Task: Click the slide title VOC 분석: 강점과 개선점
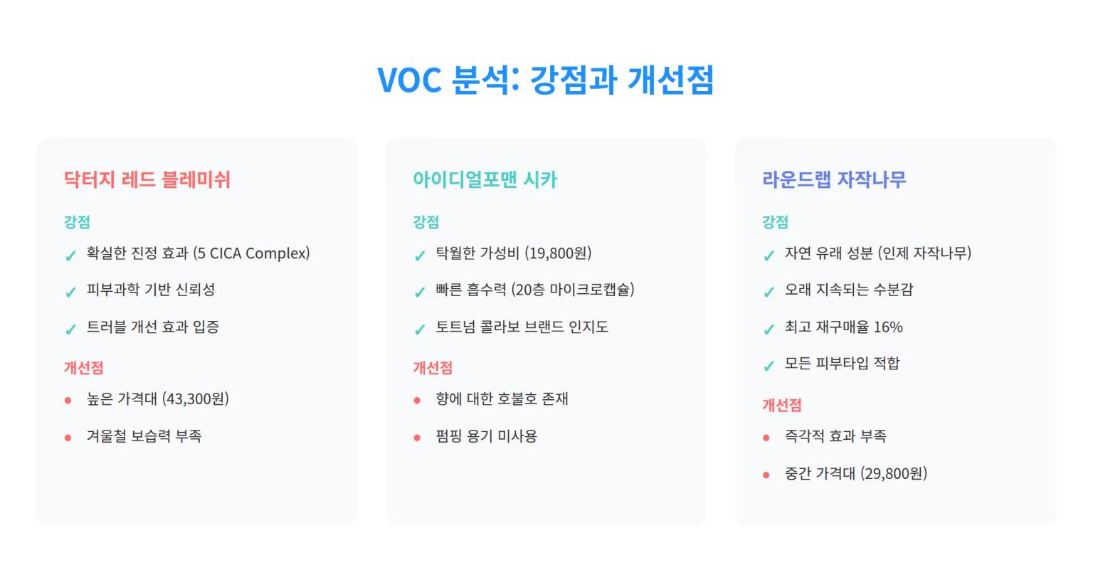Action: [x=545, y=79]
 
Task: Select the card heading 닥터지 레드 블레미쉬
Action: [x=147, y=179]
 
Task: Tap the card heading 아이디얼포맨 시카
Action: [x=485, y=179]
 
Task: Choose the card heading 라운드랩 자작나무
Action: [x=834, y=179]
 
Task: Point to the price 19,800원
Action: [x=558, y=253]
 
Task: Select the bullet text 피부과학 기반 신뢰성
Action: [x=151, y=290]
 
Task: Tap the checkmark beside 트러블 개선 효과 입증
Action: [x=70, y=329]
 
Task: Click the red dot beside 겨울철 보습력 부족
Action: [x=68, y=438]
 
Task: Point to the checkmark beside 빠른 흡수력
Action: [x=420, y=292]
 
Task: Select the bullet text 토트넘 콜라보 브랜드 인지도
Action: [x=522, y=327]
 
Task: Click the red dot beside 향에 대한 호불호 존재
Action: [x=418, y=401]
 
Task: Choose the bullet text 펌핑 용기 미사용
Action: [x=486, y=436]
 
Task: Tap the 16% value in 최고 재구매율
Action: [x=888, y=327]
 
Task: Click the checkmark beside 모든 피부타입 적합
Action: [x=769, y=367]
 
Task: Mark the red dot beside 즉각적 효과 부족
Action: [x=766, y=438]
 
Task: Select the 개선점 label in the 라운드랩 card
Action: [x=781, y=406]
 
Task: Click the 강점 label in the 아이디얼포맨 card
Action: [x=426, y=222]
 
